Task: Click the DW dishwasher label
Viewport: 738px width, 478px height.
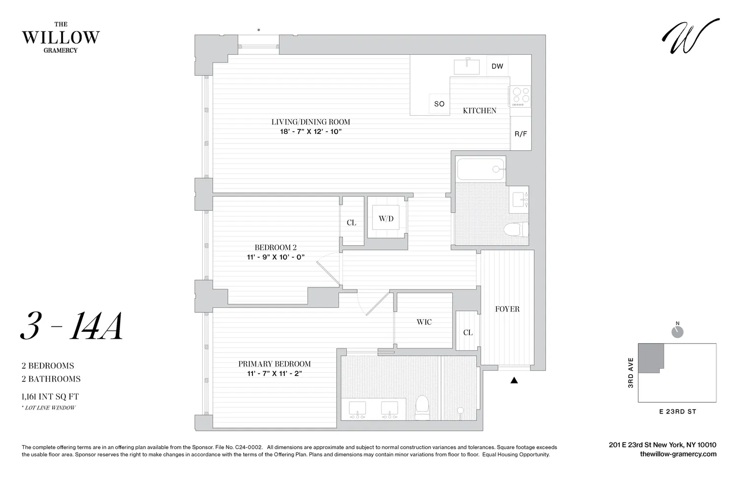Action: pos(497,66)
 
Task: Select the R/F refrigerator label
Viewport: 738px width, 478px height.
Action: pos(521,134)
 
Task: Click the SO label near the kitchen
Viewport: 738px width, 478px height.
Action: pos(439,104)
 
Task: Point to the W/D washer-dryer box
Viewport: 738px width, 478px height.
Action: pos(386,218)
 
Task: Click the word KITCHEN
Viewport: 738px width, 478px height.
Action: pos(480,111)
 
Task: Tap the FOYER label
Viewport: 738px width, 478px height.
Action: pos(507,309)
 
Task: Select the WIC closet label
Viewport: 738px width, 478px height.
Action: pos(424,322)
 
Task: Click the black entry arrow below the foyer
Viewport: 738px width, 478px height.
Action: pos(514,380)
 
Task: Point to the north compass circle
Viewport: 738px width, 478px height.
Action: pos(677,332)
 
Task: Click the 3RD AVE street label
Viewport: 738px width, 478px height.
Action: pos(631,373)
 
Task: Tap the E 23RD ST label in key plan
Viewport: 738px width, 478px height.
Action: pos(677,412)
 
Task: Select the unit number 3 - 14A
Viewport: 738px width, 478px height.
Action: pos(72,327)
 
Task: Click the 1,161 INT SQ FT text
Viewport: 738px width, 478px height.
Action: pos(50,396)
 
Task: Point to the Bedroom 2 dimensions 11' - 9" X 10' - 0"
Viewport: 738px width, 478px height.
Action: pos(276,257)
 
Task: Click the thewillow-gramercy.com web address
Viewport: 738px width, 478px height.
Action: pos(678,454)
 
